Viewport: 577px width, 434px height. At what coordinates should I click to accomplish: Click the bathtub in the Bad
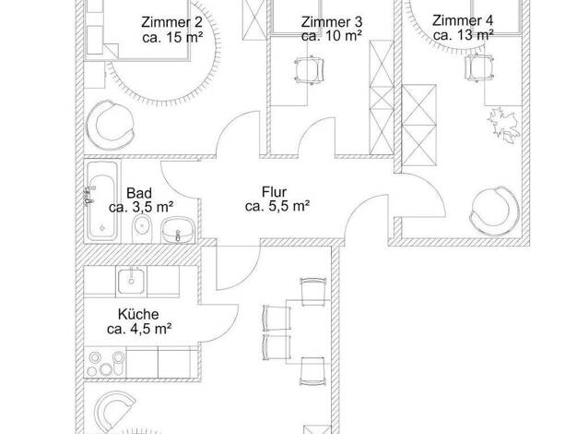point(102,201)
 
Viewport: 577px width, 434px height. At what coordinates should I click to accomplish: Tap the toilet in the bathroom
point(142,229)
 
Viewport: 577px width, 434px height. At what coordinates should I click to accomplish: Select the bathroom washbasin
point(178,230)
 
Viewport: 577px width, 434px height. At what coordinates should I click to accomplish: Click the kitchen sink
point(132,281)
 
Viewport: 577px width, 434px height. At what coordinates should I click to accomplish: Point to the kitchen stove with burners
point(106,363)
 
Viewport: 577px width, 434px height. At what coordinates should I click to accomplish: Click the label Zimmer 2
point(171,22)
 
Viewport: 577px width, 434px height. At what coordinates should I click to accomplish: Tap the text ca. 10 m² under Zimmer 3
point(332,36)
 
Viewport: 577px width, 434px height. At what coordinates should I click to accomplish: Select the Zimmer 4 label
point(463,20)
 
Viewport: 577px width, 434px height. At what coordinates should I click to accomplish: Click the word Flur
point(274,192)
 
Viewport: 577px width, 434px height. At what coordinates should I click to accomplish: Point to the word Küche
point(138,314)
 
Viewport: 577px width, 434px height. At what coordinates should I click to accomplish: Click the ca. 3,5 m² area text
point(141,207)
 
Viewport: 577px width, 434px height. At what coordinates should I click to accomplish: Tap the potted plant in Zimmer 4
point(504,125)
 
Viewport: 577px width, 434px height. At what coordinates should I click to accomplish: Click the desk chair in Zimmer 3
point(309,69)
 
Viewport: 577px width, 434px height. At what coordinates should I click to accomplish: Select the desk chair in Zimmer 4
point(479,67)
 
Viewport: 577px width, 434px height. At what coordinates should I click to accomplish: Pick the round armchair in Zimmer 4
point(494,211)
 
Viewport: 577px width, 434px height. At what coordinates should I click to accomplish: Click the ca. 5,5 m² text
point(277,207)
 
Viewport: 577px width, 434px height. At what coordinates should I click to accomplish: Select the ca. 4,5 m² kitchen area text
point(139,329)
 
